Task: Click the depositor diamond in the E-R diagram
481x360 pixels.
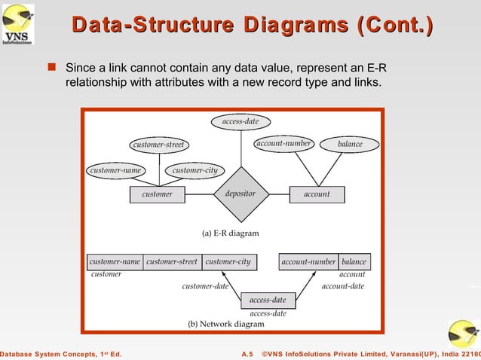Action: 240,194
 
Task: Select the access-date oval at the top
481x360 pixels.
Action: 240,121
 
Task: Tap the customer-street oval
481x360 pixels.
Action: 158,144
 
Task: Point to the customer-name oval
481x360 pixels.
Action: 115,170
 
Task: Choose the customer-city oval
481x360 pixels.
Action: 195,170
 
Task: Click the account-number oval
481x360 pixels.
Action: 283,143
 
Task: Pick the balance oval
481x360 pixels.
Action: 350,144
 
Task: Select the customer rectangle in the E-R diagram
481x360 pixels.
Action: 158,194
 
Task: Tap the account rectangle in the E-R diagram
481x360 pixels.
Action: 317,194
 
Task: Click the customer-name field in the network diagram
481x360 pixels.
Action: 115,262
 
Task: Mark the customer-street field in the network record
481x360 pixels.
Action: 172,262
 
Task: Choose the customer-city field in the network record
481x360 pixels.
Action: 228,262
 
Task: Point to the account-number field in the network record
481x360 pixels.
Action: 308,262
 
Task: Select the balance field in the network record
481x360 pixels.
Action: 354,262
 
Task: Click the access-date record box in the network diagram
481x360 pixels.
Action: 268,300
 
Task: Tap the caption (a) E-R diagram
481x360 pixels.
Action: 230,233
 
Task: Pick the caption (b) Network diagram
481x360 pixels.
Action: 226,324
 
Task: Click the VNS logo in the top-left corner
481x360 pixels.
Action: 17,23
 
